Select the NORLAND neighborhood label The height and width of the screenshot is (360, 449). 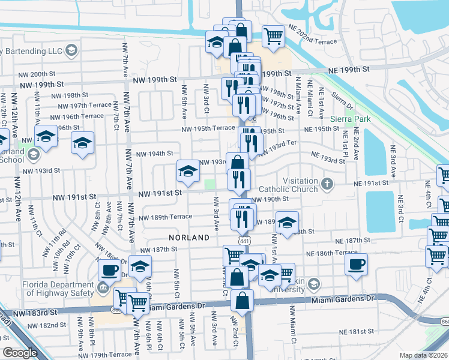189,238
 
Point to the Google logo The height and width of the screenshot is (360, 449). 20,353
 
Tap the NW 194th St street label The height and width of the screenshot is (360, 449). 155,154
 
